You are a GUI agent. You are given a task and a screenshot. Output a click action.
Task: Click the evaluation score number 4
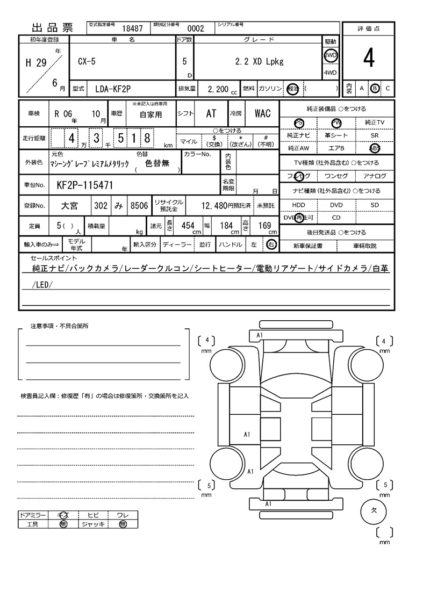coord(368,59)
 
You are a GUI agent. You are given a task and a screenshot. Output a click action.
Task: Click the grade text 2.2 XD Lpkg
coord(259,61)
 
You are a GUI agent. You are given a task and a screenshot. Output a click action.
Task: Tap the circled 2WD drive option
coord(330,55)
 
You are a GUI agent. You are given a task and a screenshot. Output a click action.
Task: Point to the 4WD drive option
coord(330,73)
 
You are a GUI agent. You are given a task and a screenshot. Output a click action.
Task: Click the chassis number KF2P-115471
coord(85,185)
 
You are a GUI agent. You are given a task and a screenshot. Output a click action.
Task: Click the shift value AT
coord(211,113)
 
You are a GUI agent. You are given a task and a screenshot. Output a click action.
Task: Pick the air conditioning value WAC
coord(263,113)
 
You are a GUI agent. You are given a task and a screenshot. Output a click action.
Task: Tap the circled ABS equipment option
coord(375,148)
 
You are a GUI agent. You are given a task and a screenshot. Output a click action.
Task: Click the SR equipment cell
coord(375,135)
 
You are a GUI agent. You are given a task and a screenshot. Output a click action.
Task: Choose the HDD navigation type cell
coord(298,205)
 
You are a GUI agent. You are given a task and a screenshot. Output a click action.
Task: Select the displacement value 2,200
coord(218,89)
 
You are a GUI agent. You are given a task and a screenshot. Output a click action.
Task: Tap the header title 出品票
coord(53,28)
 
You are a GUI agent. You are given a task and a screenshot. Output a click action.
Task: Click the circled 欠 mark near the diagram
coord(375,511)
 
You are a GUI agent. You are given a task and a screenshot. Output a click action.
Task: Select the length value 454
coord(188,226)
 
